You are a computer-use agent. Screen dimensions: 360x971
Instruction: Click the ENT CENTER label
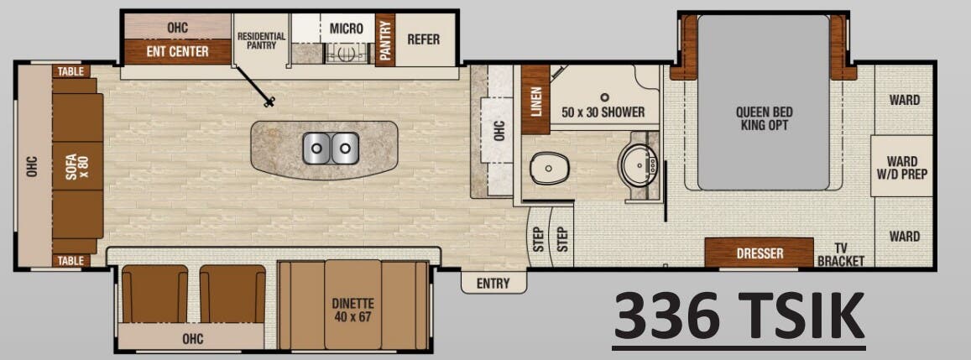[177, 52]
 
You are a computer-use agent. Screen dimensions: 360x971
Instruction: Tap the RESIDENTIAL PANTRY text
[261, 40]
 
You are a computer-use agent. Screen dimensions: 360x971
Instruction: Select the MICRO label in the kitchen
[346, 29]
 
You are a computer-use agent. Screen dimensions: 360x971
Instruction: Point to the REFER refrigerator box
[423, 39]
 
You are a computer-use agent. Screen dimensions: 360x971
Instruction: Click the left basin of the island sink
[317, 149]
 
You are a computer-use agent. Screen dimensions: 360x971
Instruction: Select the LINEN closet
[535, 100]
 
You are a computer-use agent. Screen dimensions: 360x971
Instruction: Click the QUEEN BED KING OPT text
[764, 118]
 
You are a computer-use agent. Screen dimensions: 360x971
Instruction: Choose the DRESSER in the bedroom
[759, 253]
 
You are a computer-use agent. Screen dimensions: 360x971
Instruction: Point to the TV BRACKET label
[840, 254]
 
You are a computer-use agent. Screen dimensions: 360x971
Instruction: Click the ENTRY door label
[493, 284]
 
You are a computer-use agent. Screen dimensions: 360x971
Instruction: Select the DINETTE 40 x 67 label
[352, 310]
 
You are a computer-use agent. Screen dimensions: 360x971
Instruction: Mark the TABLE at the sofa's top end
[70, 71]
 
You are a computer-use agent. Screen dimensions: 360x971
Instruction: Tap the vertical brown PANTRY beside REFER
[385, 40]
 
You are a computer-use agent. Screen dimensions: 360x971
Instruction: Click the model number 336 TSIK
[739, 316]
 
